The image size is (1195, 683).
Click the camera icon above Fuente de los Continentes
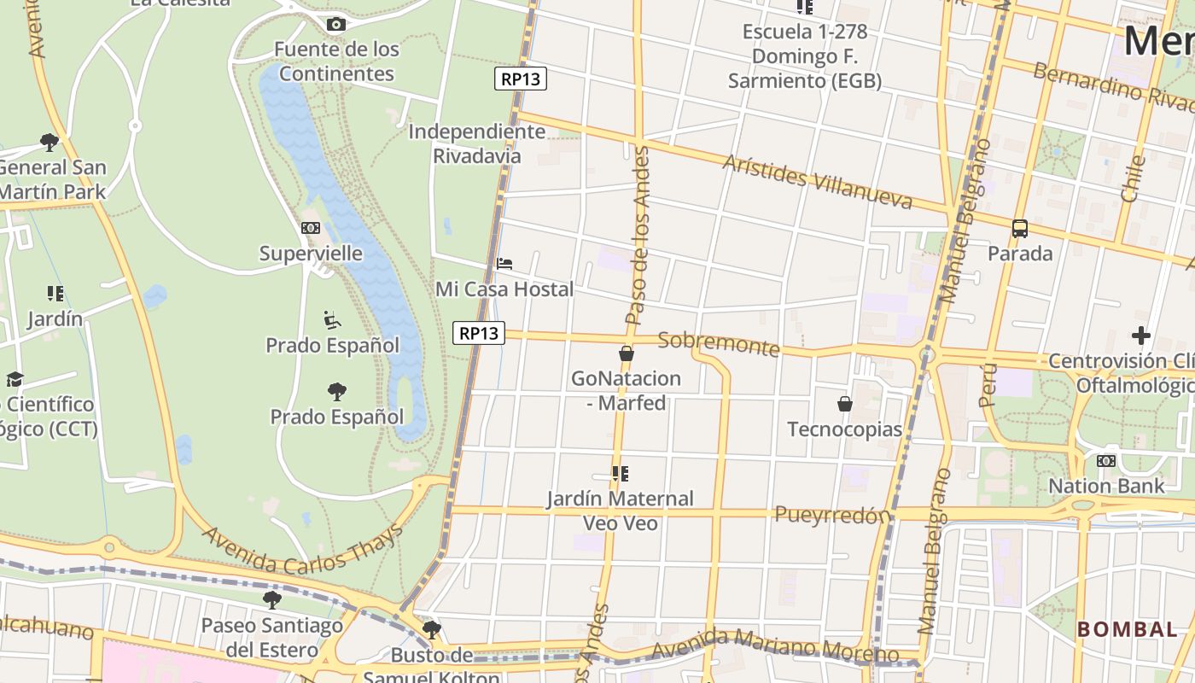336,24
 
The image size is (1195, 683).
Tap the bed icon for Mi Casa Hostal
504,264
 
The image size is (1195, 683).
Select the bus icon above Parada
1019,228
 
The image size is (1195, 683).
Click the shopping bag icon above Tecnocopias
844,404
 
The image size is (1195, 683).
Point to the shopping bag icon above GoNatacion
627,353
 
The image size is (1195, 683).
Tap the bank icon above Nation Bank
1105,461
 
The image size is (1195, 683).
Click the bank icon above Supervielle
311,228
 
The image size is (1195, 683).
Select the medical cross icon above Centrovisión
1140,336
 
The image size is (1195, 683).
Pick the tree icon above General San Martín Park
50,142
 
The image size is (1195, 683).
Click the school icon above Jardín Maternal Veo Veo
621,473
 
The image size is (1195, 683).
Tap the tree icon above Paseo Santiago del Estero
272,599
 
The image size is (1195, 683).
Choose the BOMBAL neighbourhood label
1127,629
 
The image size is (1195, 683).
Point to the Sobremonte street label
719,344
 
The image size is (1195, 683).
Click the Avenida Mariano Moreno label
774,646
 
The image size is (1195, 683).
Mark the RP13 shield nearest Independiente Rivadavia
520,79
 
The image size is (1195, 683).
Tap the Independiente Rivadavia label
476,143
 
